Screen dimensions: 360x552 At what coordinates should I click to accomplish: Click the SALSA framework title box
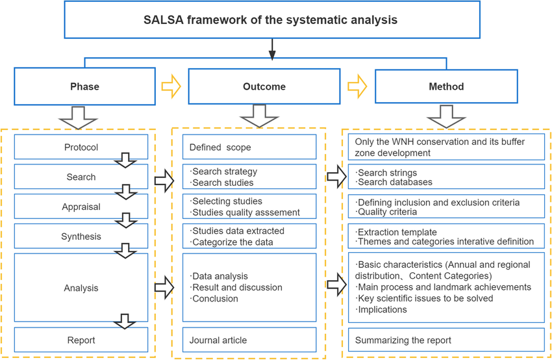[x=271, y=19]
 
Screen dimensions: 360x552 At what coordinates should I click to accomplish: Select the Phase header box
[x=84, y=86]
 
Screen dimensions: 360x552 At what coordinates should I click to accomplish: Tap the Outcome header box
[x=264, y=86]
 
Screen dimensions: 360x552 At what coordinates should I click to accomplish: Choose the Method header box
[x=446, y=86]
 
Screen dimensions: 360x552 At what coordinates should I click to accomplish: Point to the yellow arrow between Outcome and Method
[x=357, y=86]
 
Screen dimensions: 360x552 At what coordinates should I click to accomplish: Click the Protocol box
[x=81, y=148]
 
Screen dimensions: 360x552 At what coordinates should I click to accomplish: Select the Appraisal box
[x=81, y=207]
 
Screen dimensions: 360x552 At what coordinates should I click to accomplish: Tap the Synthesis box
[x=81, y=237]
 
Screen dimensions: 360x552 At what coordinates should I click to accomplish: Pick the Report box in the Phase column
[x=81, y=340]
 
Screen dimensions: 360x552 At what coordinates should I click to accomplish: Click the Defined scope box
[x=249, y=148]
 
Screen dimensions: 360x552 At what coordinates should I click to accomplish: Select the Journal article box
[x=249, y=340]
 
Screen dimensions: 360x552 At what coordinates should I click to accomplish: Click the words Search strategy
[x=224, y=172]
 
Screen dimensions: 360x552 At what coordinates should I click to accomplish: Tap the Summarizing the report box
[x=446, y=340]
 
